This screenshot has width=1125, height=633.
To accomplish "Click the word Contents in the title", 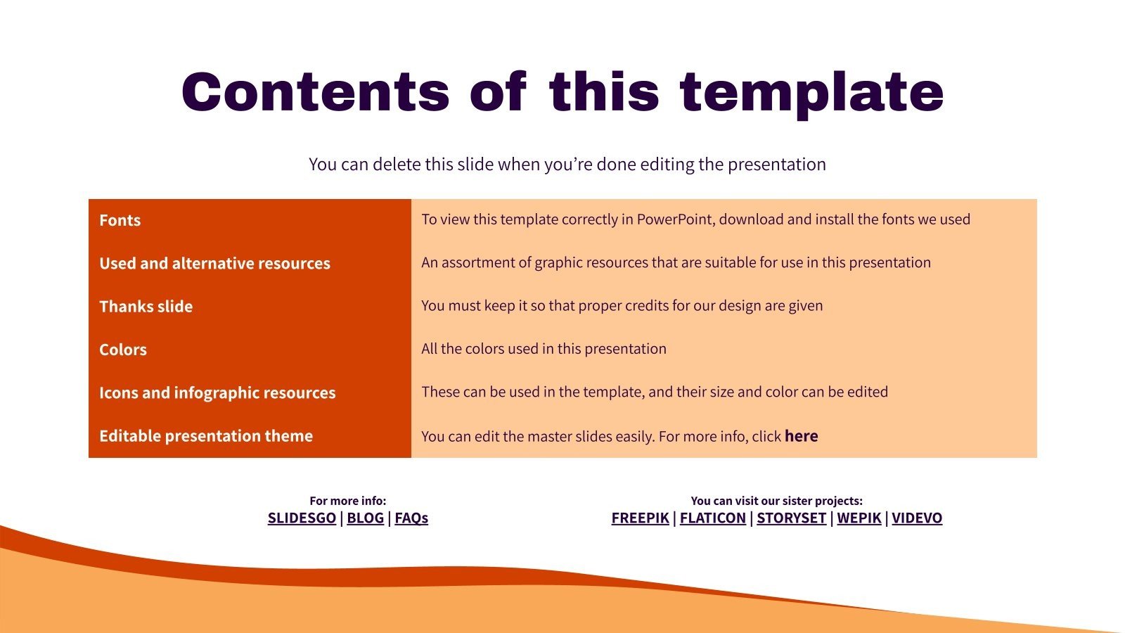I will [x=315, y=92].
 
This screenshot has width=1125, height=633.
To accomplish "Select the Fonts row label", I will [x=120, y=220].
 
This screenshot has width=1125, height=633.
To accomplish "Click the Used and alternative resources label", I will [x=214, y=263].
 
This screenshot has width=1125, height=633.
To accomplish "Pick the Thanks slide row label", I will [x=146, y=307].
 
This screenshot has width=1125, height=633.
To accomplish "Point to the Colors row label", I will [x=123, y=350].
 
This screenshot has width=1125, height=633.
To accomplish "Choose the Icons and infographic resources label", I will [x=217, y=392].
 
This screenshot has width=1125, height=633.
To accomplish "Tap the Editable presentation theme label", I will [x=206, y=436].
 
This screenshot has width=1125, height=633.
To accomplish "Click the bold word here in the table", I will [x=801, y=436].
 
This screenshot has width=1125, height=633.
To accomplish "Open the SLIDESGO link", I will [x=302, y=518].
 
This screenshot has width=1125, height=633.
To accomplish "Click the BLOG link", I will [x=365, y=518].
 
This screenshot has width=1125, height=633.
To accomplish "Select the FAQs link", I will [x=411, y=518].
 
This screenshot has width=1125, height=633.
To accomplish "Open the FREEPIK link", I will [x=640, y=518].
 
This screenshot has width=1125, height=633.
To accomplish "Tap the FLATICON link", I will [x=712, y=518].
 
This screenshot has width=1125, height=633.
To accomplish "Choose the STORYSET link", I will [x=791, y=518].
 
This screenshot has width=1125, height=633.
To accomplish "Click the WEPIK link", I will [x=859, y=518].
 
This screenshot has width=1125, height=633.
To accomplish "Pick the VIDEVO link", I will [x=917, y=518].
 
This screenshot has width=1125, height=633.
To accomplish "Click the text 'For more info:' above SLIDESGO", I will [x=348, y=501].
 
